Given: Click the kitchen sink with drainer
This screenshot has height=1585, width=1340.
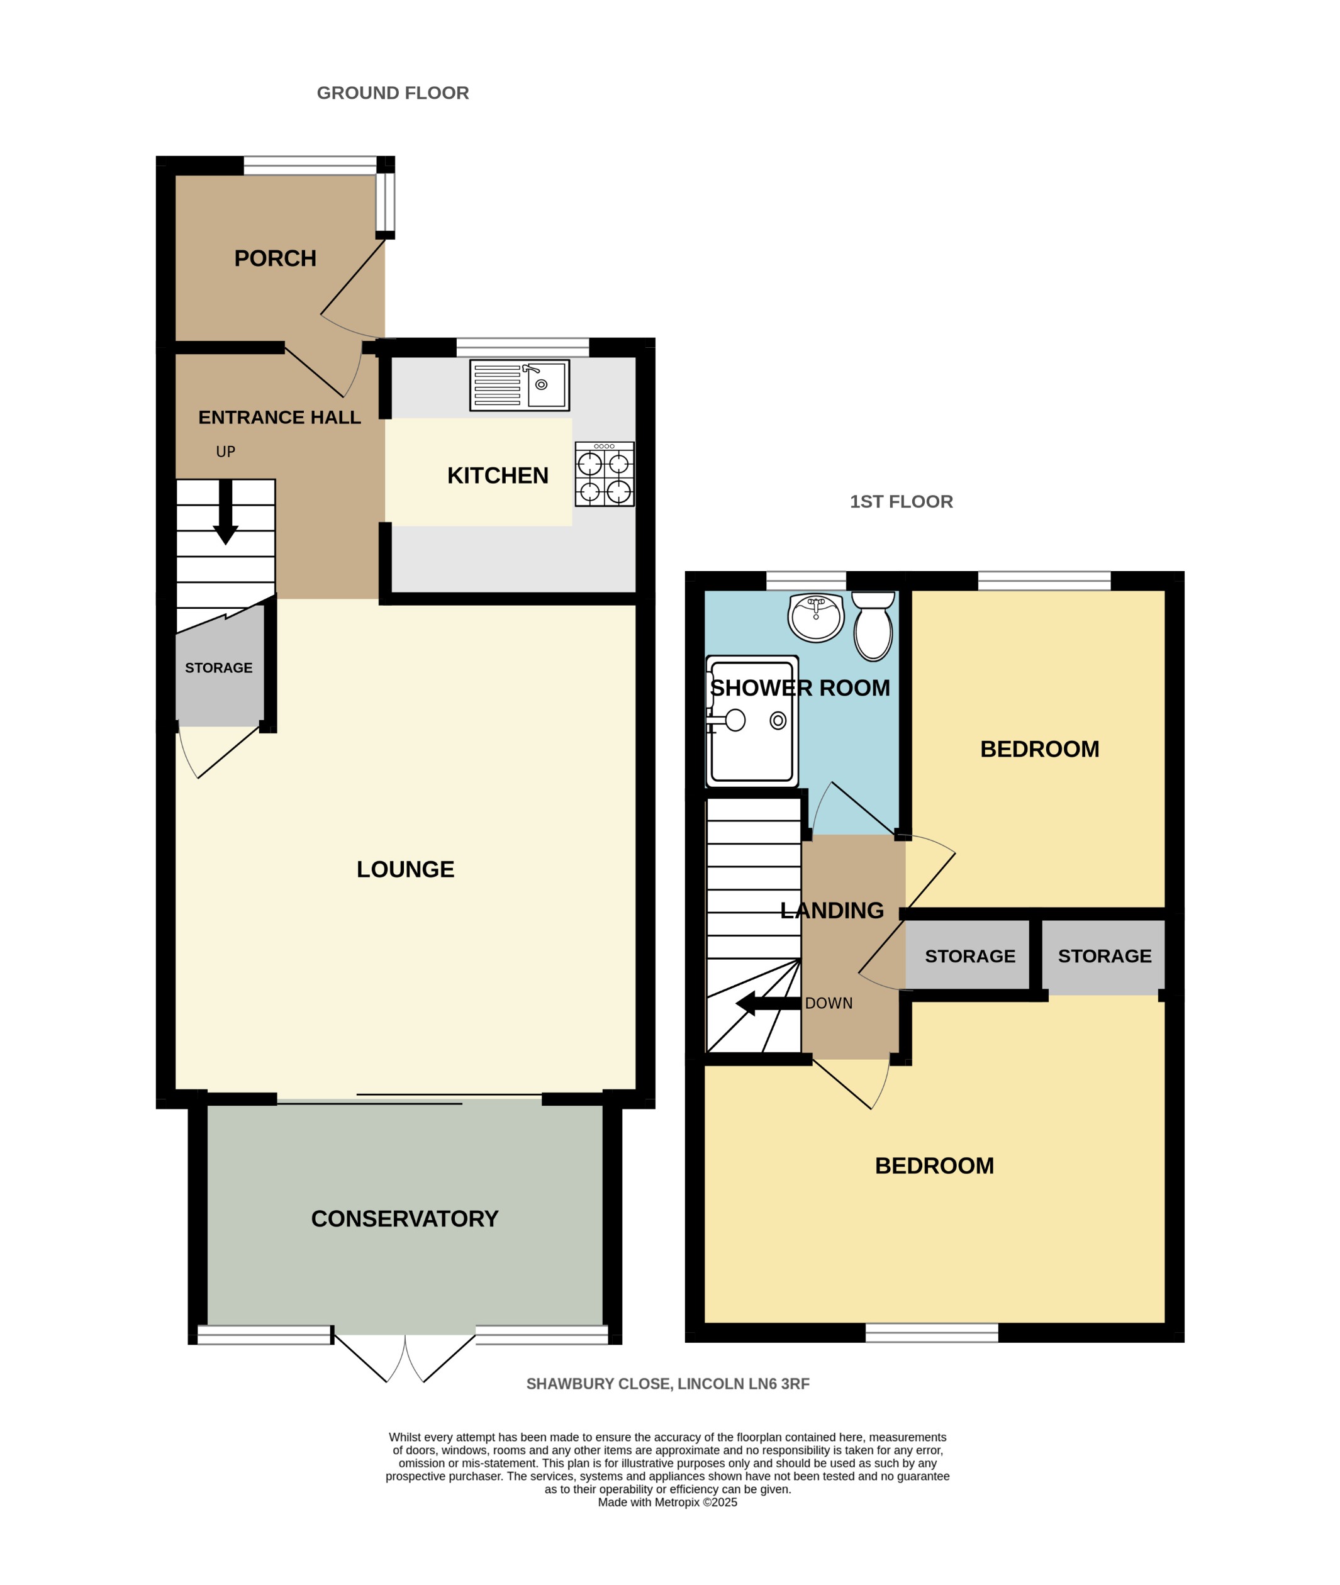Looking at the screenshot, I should pos(520,385).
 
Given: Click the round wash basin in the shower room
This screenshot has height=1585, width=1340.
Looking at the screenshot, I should pos(816,618).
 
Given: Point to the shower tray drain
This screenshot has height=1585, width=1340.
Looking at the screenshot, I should pos(778,720).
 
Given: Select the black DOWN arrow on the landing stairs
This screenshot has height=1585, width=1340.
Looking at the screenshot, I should pos(768,1003).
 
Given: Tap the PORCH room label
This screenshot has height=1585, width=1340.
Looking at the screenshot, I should pos(275,259).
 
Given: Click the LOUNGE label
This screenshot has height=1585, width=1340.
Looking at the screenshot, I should pos(406,869).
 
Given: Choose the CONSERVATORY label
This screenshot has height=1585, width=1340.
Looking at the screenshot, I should pos(405,1218).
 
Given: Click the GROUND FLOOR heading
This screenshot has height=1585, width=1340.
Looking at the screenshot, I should pos(393,92).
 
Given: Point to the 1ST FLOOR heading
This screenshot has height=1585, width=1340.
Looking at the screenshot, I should pos(901,501).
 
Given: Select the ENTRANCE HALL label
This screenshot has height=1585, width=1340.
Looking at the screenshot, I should pos(279,417).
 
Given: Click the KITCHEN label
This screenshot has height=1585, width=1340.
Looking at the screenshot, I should pos(498,475).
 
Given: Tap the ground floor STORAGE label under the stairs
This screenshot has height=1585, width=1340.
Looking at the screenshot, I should pos(219,667).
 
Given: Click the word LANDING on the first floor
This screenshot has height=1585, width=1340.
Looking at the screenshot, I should pos(832,910).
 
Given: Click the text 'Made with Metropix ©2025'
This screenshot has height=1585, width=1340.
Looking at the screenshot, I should pos(667,1501).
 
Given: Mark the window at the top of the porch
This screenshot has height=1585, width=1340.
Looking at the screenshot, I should pos(310,165).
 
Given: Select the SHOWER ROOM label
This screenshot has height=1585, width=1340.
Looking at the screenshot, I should pos(800,687).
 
